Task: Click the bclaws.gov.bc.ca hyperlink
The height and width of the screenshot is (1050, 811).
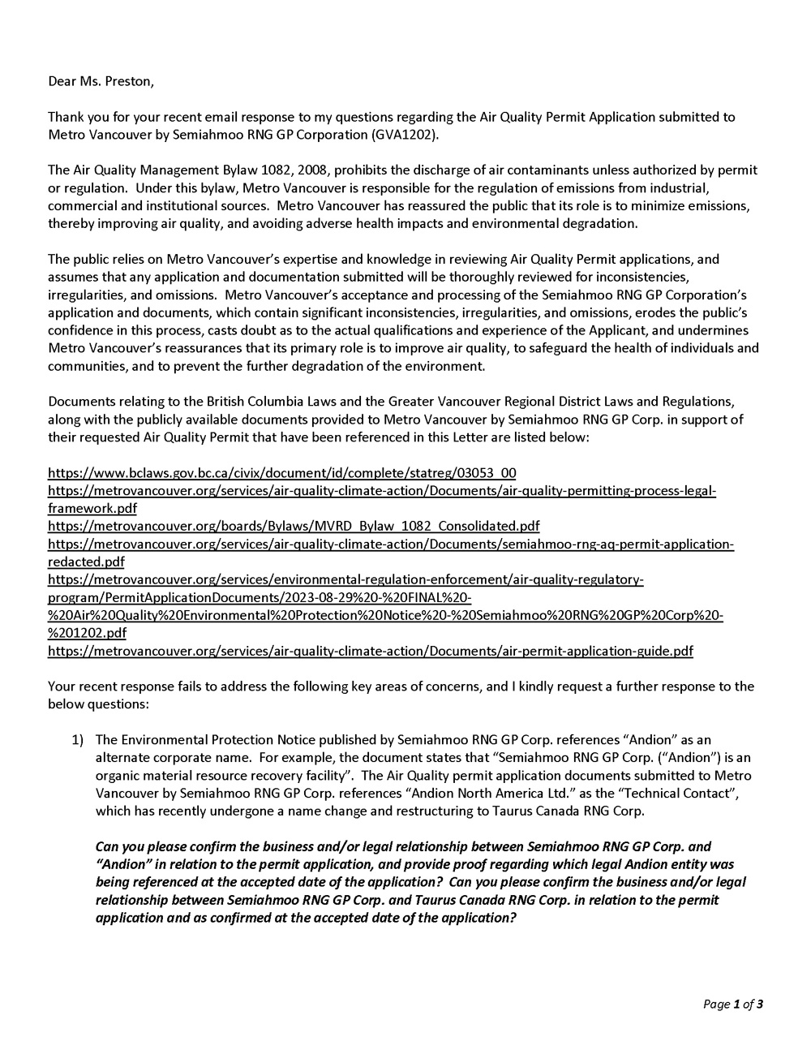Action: pos(282,473)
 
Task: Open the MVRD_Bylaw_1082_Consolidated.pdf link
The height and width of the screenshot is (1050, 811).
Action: pos(294,526)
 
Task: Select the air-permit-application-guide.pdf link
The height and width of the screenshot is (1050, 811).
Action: pos(371,651)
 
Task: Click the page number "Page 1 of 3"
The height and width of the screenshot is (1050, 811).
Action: pos(732,1005)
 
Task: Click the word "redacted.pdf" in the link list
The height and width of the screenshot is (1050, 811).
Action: pos(86,562)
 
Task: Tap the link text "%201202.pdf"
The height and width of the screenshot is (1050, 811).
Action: pos(87,633)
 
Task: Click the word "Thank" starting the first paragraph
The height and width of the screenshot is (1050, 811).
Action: pos(66,117)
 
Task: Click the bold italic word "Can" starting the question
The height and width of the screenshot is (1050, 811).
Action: pos(107,846)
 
